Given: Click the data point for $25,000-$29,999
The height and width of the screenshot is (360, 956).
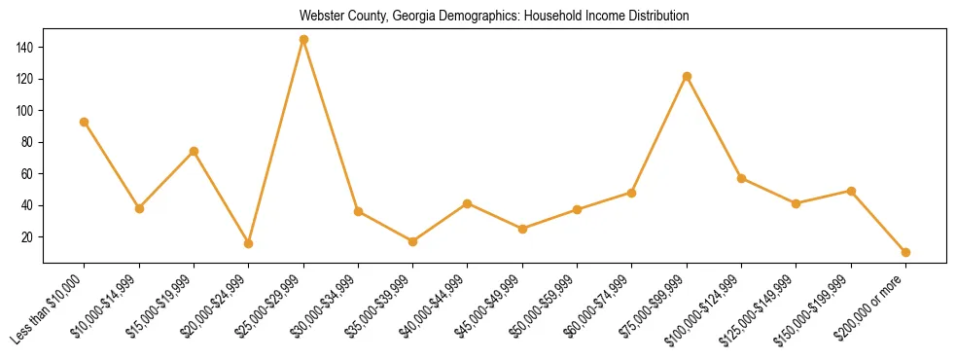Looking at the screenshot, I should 303,40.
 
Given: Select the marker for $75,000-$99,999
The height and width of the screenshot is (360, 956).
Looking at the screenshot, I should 687,76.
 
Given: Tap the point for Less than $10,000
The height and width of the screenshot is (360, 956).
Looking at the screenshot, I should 85,122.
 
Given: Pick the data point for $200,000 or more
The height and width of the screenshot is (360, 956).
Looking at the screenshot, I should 905,252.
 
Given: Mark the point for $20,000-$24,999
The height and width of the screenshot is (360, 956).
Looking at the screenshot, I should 249,243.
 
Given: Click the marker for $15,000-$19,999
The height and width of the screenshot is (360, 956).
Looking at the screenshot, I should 194,151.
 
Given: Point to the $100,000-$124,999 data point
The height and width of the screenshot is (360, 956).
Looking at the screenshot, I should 741,178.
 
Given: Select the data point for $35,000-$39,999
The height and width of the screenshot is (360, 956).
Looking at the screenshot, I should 412,241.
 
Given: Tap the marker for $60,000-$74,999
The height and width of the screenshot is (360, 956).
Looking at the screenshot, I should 632,193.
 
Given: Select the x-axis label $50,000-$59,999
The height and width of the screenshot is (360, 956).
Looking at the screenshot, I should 546,306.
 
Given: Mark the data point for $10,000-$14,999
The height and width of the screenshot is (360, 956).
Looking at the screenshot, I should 139,208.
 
